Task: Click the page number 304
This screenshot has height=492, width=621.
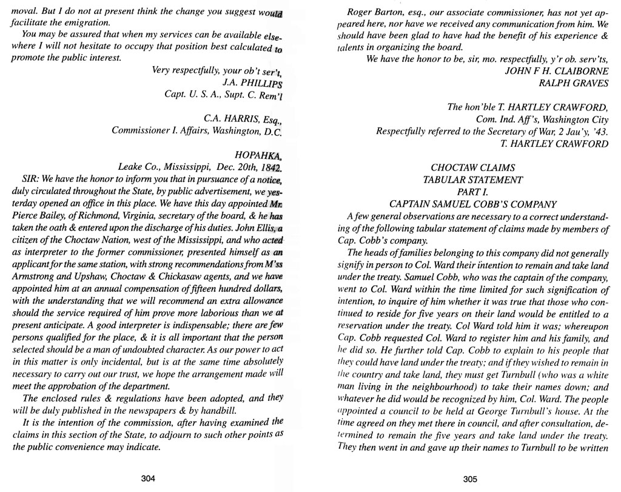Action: [149, 478]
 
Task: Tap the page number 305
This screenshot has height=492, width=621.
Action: [470, 478]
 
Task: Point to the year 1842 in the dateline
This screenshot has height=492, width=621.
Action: [272, 167]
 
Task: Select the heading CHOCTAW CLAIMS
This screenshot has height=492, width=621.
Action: [472, 167]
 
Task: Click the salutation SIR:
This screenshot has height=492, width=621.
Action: [30, 180]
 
